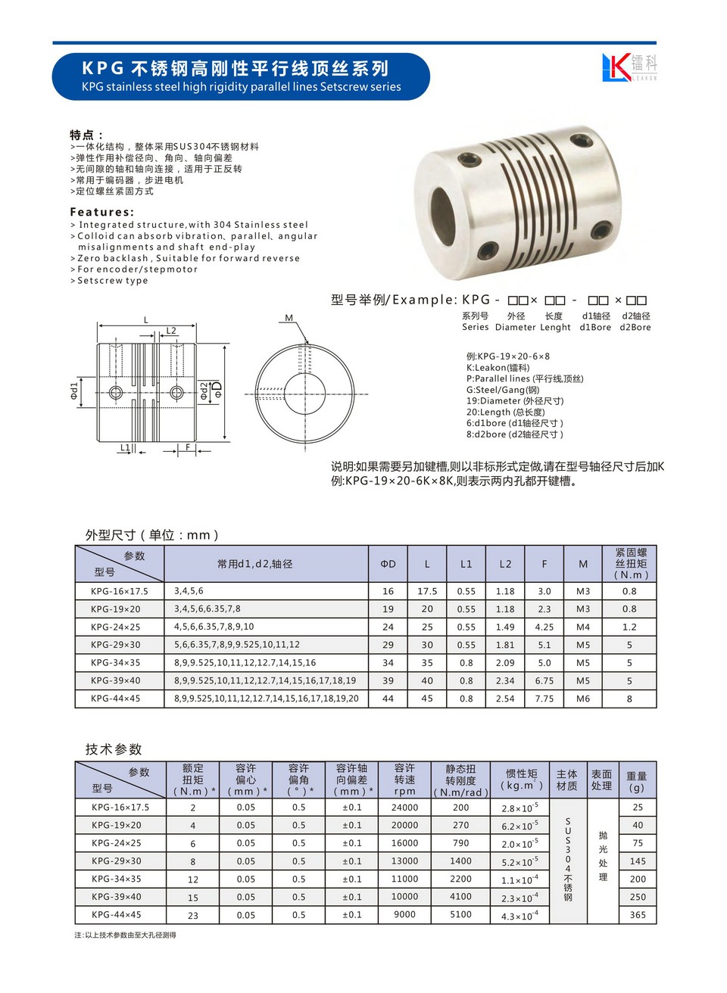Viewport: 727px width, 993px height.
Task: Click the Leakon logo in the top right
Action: tap(629, 67)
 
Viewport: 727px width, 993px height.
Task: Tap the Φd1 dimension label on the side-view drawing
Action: tap(74, 391)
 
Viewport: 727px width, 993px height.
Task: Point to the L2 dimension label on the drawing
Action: tap(171, 331)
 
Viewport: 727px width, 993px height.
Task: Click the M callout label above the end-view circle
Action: tap(289, 319)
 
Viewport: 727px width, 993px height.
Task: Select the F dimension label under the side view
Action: tap(188, 448)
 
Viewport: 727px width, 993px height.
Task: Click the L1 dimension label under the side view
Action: tap(125, 448)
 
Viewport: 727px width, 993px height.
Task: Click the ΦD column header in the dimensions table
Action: tap(388, 564)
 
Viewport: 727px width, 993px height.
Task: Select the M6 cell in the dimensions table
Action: tap(583, 699)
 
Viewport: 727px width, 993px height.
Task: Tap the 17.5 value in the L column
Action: tap(427, 592)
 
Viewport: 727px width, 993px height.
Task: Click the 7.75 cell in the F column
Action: tap(544, 699)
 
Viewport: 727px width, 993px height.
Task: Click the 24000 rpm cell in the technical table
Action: tap(404, 808)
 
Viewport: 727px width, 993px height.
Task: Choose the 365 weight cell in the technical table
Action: tap(638, 915)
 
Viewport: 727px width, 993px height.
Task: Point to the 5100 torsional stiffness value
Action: tap(460, 915)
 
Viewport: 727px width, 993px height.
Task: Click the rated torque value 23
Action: tap(193, 916)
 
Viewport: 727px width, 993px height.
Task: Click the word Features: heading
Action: tap(101, 212)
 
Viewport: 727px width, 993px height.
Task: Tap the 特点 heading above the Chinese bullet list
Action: tap(86, 135)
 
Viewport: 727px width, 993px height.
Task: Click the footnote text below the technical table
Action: tap(125, 935)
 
